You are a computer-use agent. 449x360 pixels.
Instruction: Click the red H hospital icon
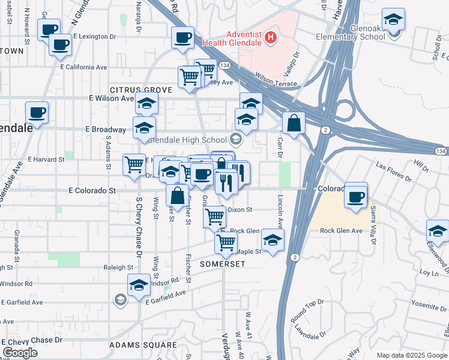[x=271, y=37]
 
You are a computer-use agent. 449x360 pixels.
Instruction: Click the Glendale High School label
[x=186, y=140]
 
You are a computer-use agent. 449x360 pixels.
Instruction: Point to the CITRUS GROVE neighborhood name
[x=140, y=90]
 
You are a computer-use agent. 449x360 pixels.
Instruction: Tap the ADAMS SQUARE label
[x=143, y=346]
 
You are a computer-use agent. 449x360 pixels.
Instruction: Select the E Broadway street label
[x=106, y=129]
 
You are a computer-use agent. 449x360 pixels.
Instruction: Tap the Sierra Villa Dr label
[x=373, y=223]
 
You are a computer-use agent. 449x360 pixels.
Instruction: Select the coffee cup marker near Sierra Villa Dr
[x=356, y=196]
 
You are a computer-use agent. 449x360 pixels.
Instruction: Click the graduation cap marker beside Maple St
[x=273, y=241]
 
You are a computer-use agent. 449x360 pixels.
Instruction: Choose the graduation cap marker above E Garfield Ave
[x=139, y=286]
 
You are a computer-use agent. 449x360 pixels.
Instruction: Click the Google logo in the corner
[x=20, y=353]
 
